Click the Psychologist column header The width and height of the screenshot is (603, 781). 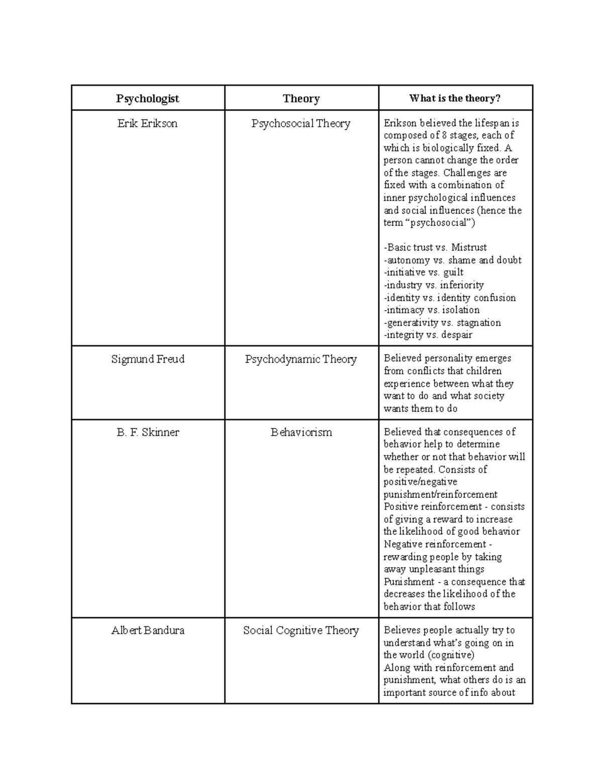click(x=147, y=99)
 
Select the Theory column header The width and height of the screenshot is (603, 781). click(x=301, y=99)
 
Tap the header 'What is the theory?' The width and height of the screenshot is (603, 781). click(x=455, y=99)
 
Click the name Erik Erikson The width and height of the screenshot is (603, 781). click(x=147, y=124)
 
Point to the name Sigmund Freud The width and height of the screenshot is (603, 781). click(x=147, y=359)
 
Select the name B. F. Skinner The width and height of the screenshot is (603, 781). click(x=147, y=432)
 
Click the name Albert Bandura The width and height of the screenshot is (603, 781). click(x=147, y=630)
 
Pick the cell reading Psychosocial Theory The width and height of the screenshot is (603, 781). click(x=301, y=124)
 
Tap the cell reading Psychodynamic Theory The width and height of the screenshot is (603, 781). click(x=301, y=359)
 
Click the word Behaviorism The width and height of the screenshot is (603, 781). click(x=301, y=432)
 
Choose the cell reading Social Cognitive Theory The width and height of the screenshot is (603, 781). click(x=301, y=630)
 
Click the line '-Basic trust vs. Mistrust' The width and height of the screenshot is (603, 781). click(x=435, y=247)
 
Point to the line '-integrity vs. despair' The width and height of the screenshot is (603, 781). click(x=428, y=335)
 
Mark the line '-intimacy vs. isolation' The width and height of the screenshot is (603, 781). click(x=432, y=310)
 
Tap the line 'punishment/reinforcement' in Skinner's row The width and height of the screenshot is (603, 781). click(x=440, y=494)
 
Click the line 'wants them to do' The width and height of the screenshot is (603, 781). click(x=421, y=408)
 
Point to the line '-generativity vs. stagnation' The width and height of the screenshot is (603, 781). click(x=442, y=322)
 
